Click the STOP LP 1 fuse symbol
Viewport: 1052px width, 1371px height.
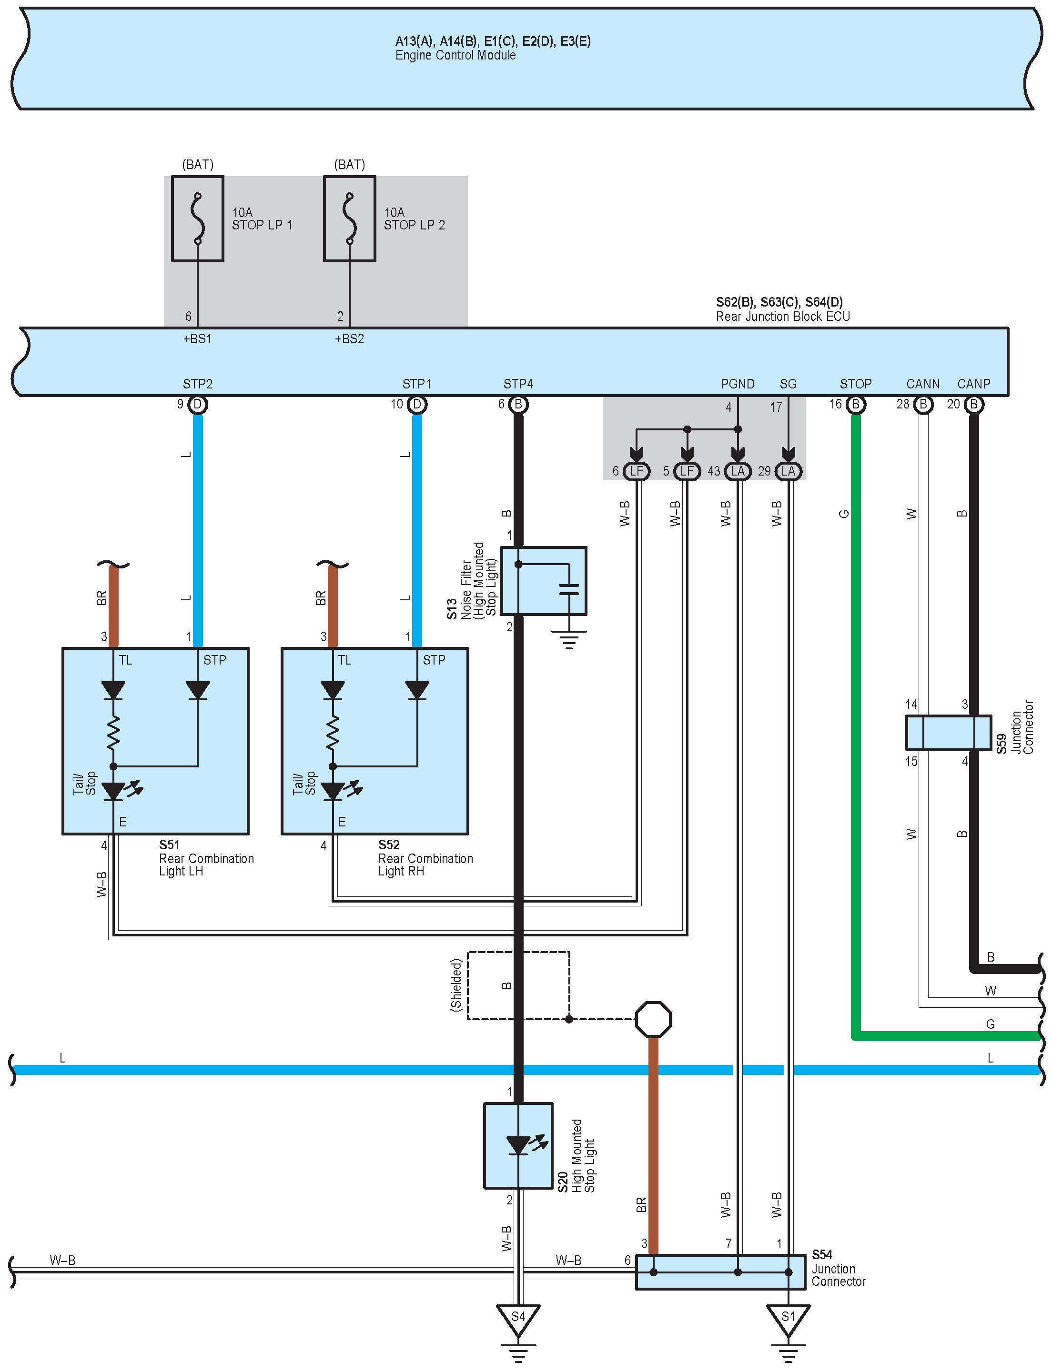tap(197, 219)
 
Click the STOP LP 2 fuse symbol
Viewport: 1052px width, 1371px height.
tap(349, 219)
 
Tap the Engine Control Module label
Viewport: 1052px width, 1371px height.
tap(455, 55)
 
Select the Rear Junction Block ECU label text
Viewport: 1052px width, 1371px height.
tap(783, 316)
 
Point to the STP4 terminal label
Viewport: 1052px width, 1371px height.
tap(518, 384)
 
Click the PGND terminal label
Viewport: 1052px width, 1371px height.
tap(737, 384)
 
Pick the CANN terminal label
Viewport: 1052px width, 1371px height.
tap(922, 384)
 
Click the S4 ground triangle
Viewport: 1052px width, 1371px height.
tap(518, 1316)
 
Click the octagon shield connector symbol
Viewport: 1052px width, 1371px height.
tap(653, 1019)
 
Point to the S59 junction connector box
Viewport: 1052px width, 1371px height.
tap(948, 733)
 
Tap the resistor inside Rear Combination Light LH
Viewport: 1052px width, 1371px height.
tap(113, 732)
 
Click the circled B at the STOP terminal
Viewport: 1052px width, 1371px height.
tap(855, 404)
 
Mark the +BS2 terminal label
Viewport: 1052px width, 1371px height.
tap(349, 338)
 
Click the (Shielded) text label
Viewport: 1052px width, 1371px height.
tap(456, 984)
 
